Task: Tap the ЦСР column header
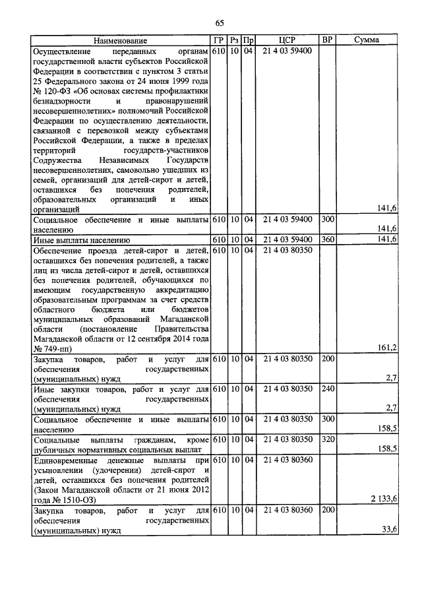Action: click(286, 40)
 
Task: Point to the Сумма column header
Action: click(366, 40)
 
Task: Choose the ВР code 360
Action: click(328, 239)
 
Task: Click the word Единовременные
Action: click(68, 459)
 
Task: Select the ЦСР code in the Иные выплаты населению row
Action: click(286, 239)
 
